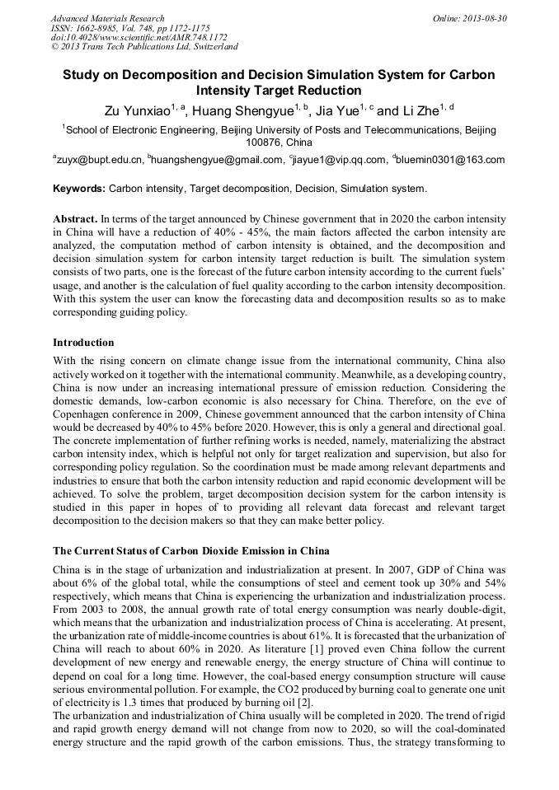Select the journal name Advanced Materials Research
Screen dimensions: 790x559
[x=107, y=18]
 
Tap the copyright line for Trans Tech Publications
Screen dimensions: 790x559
[x=144, y=47]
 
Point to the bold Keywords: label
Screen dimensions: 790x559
[x=79, y=189]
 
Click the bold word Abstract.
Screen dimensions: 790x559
[x=74, y=220]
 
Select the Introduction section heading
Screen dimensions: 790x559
[x=83, y=342]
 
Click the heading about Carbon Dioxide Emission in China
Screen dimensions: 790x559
[x=190, y=550]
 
